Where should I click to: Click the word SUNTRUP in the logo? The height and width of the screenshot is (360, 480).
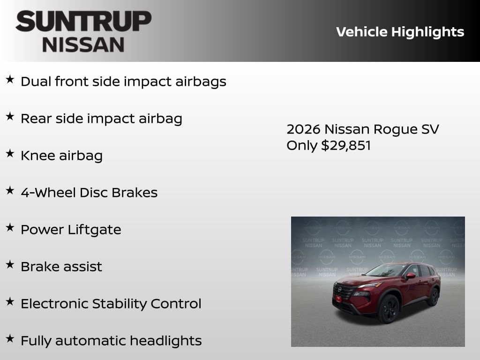click(x=83, y=22)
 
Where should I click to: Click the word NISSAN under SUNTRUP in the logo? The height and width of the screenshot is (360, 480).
click(x=83, y=44)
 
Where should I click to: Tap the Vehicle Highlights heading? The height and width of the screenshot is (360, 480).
click(x=400, y=32)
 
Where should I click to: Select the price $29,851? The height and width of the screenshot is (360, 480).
click(x=345, y=145)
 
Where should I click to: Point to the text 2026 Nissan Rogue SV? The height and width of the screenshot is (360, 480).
click(x=362, y=129)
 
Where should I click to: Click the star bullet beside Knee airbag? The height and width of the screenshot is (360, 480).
click(x=10, y=153)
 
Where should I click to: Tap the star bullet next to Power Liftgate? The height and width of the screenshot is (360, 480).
click(x=10, y=227)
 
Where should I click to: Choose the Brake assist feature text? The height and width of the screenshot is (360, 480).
click(x=61, y=267)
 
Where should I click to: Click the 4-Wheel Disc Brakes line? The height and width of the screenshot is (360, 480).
click(x=89, y=193)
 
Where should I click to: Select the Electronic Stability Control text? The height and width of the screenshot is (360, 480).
click(x=111, y=304)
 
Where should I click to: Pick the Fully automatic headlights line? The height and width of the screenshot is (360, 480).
click(x=111, y=341)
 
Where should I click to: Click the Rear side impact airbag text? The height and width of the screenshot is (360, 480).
click(x=101, y=119)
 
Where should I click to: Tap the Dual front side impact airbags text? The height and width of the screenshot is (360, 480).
click(x=123, y=82)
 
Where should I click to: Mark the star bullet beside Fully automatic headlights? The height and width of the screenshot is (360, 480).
click(x=10, y=338)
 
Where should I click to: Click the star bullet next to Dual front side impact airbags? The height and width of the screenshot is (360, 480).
click(x=10, y=79)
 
